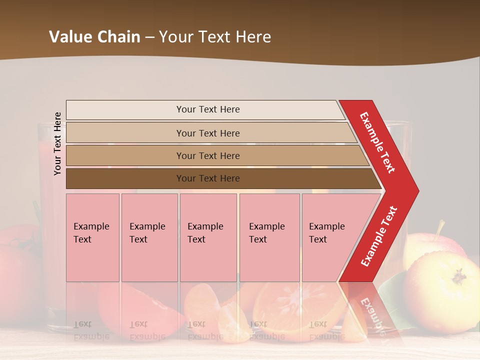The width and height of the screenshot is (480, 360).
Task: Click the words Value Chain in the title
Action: [x=94, y=37]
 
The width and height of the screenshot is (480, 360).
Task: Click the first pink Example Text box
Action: [x=92, y=237]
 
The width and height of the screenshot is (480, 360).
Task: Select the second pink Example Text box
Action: [x=149, y=237]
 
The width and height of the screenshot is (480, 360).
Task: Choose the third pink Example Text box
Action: [x=208, y=237]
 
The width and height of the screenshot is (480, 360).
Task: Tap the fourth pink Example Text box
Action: [x=269, y=237]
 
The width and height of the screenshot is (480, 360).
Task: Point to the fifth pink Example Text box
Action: [x=325, y=237]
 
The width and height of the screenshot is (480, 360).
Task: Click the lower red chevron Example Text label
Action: [x=379, y=236]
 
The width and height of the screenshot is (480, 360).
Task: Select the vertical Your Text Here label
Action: [x=58, y=143]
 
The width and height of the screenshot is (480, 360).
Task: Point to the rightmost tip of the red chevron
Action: [x=418, y=191]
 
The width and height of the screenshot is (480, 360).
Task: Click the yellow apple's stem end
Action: [x=458, y=275]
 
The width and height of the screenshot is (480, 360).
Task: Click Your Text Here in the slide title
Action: [x=215, y=37]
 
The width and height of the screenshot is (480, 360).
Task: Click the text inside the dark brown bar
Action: [x=208, y=178]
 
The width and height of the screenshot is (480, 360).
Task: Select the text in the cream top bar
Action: [x=208, y=109]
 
